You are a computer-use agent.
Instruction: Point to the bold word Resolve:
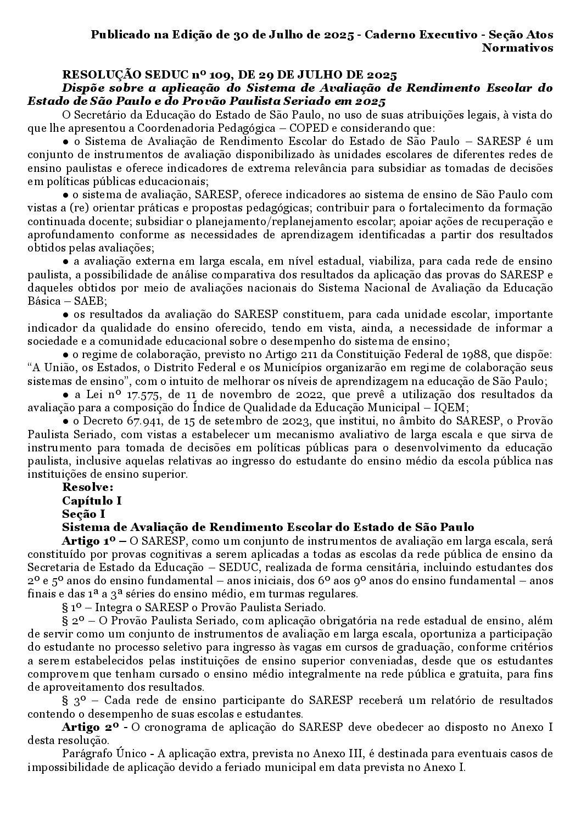pos(88,487)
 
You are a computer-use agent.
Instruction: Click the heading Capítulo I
pos(92,501)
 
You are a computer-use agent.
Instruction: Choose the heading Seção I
pos(83,514)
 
